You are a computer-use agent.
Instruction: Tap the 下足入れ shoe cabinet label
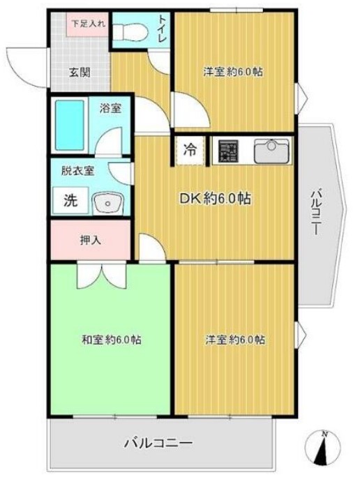point(87,23)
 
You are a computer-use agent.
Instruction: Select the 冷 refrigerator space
point(189,149)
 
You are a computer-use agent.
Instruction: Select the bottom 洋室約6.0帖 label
point(234,340)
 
